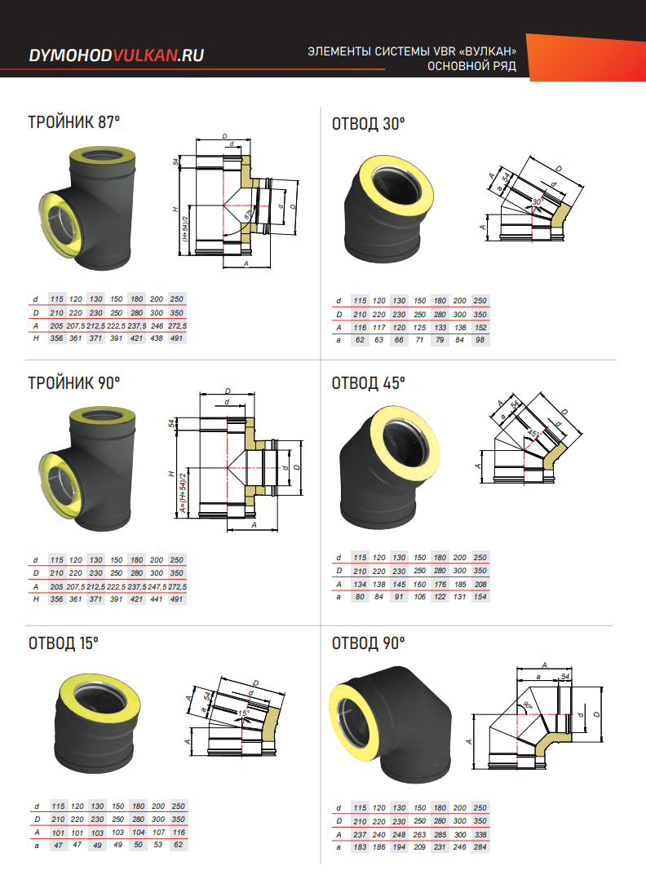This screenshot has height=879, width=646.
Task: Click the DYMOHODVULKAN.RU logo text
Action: coord(116,55)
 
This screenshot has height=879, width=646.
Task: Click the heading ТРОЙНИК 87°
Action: coord(74,123)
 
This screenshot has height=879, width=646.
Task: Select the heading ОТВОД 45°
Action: coord(369,382)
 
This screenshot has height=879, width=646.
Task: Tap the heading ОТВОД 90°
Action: coord(369,643)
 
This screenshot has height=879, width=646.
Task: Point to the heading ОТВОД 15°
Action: coord(64,643)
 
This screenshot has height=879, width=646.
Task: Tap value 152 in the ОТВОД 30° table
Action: coord(480,328)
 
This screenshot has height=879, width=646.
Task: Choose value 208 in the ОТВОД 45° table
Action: coord(480,584)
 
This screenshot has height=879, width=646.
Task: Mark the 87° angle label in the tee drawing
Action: coord(246,215)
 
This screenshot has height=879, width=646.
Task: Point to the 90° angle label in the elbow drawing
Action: coord(529,705)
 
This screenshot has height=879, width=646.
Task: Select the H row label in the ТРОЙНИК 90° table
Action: coord(35,599)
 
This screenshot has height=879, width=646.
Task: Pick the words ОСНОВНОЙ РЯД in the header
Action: coord(472,66)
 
